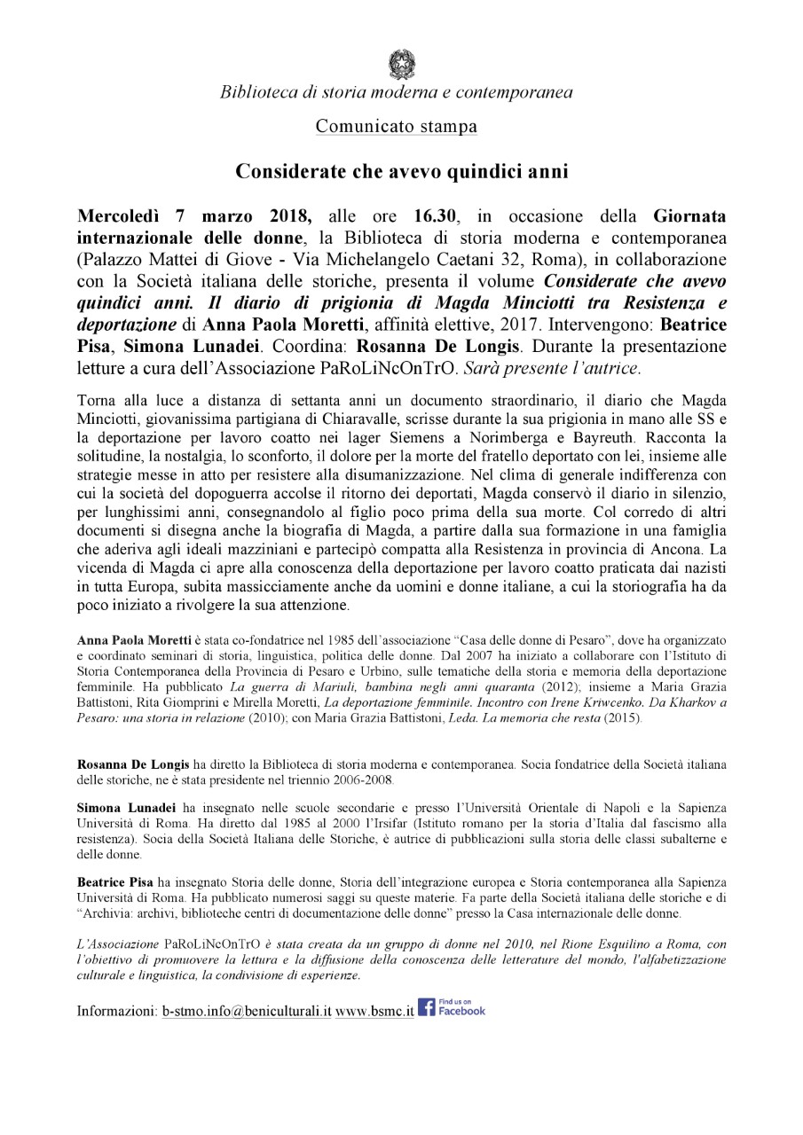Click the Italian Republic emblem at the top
pos(401,64)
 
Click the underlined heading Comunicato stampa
pos(397,126)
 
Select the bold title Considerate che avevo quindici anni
pos(401,170)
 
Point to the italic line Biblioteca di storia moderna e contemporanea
pos(397,92)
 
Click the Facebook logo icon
pos(426,1007)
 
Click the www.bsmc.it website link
pos(374,1011)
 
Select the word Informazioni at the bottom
pos(116,1011)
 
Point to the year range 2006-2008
pos(361,779)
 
